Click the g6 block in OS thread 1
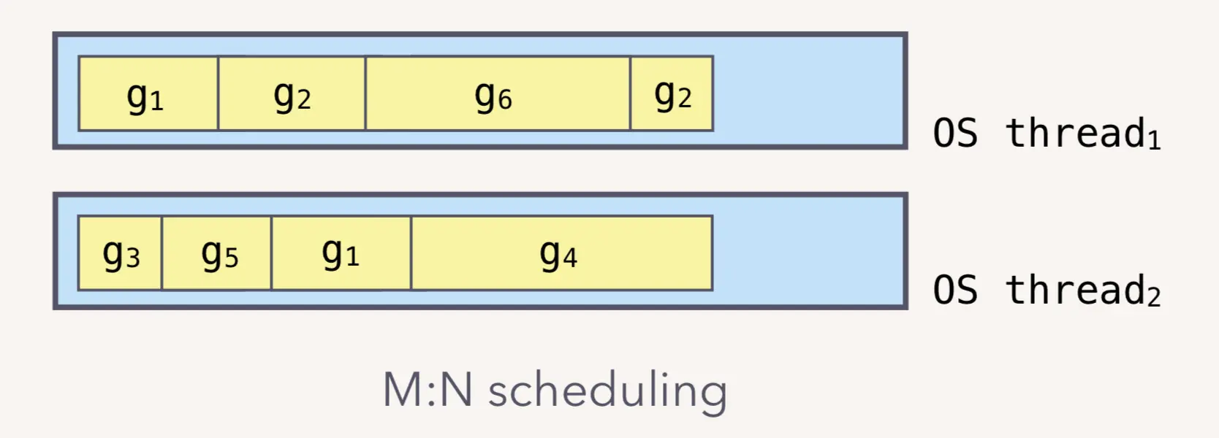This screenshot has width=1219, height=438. coord(497,93)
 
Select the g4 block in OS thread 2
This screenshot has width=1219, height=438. coord(561,253)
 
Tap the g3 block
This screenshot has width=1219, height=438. coord(120,253)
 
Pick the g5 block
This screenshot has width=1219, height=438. coord(217,253)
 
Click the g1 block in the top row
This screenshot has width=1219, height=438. coord(148,93)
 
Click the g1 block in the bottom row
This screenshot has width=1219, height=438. coord(341,253)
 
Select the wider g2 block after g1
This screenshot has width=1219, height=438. coord(292,93)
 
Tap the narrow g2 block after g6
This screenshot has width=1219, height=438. coord(672,93)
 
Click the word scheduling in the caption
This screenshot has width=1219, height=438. coord(607,390)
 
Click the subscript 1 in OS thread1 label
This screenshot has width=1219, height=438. coord(1154,140)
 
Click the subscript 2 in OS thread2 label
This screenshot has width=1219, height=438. coord(1153,298)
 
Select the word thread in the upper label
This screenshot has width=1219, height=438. coord(1075,133)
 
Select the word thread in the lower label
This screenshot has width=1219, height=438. coord(1075,290)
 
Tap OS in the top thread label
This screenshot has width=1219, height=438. coord(955,134)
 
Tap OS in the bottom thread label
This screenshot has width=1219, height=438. coord(955,291)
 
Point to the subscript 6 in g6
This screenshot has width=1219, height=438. coord(505,100)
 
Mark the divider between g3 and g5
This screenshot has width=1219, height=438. coord(162,253)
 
